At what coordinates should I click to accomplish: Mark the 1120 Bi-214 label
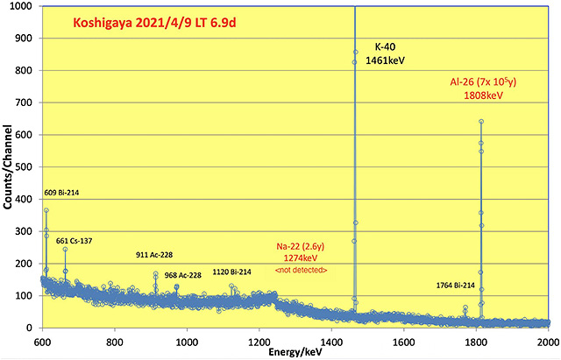pyautogui.click(x=231, y=272)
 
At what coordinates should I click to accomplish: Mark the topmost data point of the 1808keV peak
pyautogui.click(x=481, y=122)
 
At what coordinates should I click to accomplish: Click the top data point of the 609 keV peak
pyautogui.click(x=46, y=210)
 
